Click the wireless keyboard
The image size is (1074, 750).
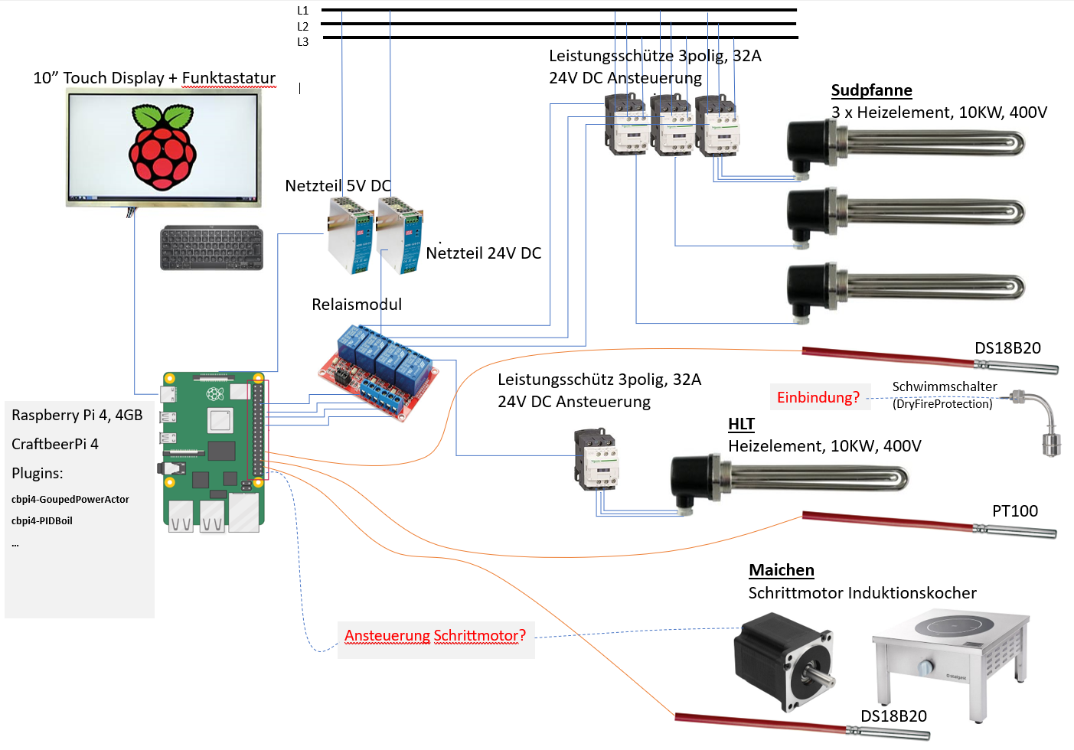pos(211,248)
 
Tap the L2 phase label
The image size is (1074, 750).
pos(302,27)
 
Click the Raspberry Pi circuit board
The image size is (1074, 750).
pos(214,452)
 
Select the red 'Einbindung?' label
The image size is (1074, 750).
pos(818,397)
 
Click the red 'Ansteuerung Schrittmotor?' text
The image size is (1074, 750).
pos(435,636)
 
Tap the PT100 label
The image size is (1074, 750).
pos(1015,511)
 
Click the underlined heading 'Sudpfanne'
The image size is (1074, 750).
pos(871,90)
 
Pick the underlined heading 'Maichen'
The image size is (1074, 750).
pos(781,570)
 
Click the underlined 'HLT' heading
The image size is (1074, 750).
pos(741,424)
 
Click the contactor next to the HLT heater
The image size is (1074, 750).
pos(596,460)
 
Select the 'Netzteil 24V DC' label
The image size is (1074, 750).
pos(483,253)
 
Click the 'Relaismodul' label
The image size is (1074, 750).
pos(357,305)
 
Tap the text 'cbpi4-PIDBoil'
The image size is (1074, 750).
pos(42,521)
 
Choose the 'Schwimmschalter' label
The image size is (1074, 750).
pos(945,387)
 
